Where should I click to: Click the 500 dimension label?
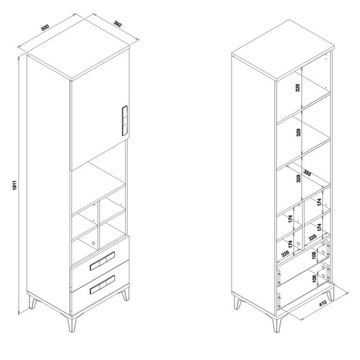[x=45, y=28]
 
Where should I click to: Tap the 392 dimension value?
[x=118, y=24]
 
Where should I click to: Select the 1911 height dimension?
[x=14, y=185]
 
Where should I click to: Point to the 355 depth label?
[x=307, y=173]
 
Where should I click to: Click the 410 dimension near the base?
[x=323, y=303]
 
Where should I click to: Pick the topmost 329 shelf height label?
[x=298, y=88]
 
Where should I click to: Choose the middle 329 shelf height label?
[x=298, y=133]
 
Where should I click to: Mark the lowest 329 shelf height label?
[x=298, y=178]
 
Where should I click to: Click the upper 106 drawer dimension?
[x=314, y=255]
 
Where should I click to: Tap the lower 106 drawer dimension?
[x=314, y=278]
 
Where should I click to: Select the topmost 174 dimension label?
[x=319, y=202]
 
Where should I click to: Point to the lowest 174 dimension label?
[x=290, y=244]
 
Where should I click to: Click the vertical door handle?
[x=124, y=121]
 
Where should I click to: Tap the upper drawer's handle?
[x=103, y=261]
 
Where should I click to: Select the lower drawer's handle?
[x=103, y=284]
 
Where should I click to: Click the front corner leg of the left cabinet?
[x=72, y=323]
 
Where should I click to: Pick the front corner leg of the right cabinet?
[x=277, y=324]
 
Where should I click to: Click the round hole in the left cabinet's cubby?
[x=93, y=243]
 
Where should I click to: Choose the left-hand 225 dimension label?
[x=286, y=253]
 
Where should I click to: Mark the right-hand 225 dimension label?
[x=313, y=237]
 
